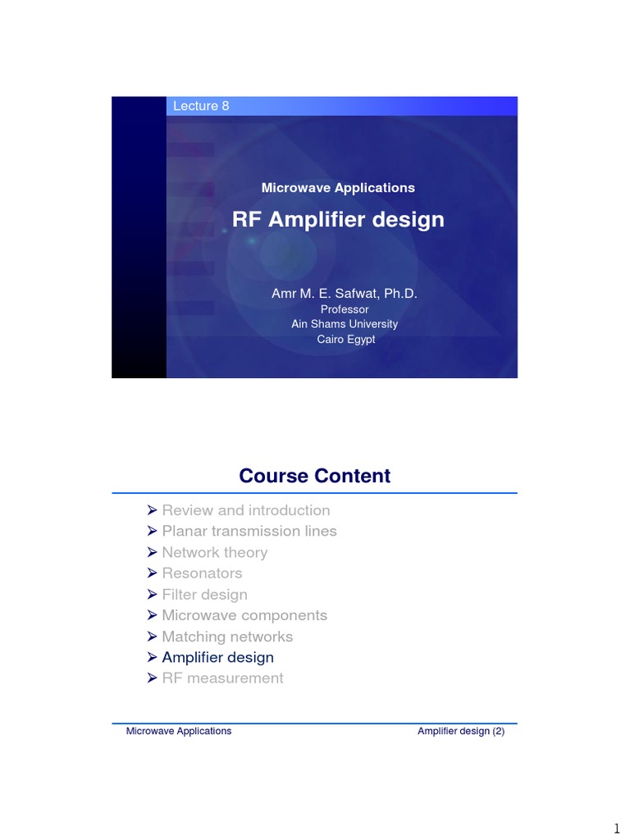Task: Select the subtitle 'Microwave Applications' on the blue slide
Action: click(338, 188)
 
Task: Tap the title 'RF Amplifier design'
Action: click(338, 220)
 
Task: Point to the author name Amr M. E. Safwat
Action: click(345, 293)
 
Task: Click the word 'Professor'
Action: click(345, 309)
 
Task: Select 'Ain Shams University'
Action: click(345, 324)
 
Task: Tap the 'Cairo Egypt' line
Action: click(345, 339)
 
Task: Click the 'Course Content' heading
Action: click(315, 476)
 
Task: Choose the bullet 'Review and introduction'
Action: click(245, 510)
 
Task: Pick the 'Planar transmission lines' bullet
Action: click(249, 531)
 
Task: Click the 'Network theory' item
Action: click(214, 552)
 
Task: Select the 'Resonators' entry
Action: click(202, 573)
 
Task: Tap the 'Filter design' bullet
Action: click(204, 594)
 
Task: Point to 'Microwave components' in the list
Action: click(244, 615)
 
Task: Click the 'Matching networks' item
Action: click(227, 637)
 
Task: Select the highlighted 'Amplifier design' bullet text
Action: click(217, 657)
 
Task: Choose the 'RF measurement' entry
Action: click(222, 678)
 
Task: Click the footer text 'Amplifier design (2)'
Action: click(461, 731)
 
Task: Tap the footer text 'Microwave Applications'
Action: click(179, 731)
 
